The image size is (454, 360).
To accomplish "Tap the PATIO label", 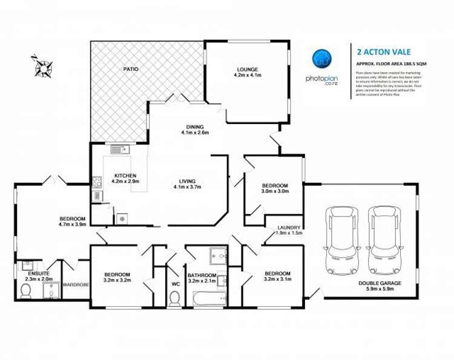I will point(131,69).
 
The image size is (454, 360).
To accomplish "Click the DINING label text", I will point(196,127).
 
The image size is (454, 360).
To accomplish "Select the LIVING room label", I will point(187,180).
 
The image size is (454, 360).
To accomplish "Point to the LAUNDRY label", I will point(288,227).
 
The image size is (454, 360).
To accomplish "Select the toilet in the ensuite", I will point(26,292).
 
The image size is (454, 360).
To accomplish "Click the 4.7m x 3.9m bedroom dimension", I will point(72,224).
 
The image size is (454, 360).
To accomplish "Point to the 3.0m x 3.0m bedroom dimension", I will point(275,191).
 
